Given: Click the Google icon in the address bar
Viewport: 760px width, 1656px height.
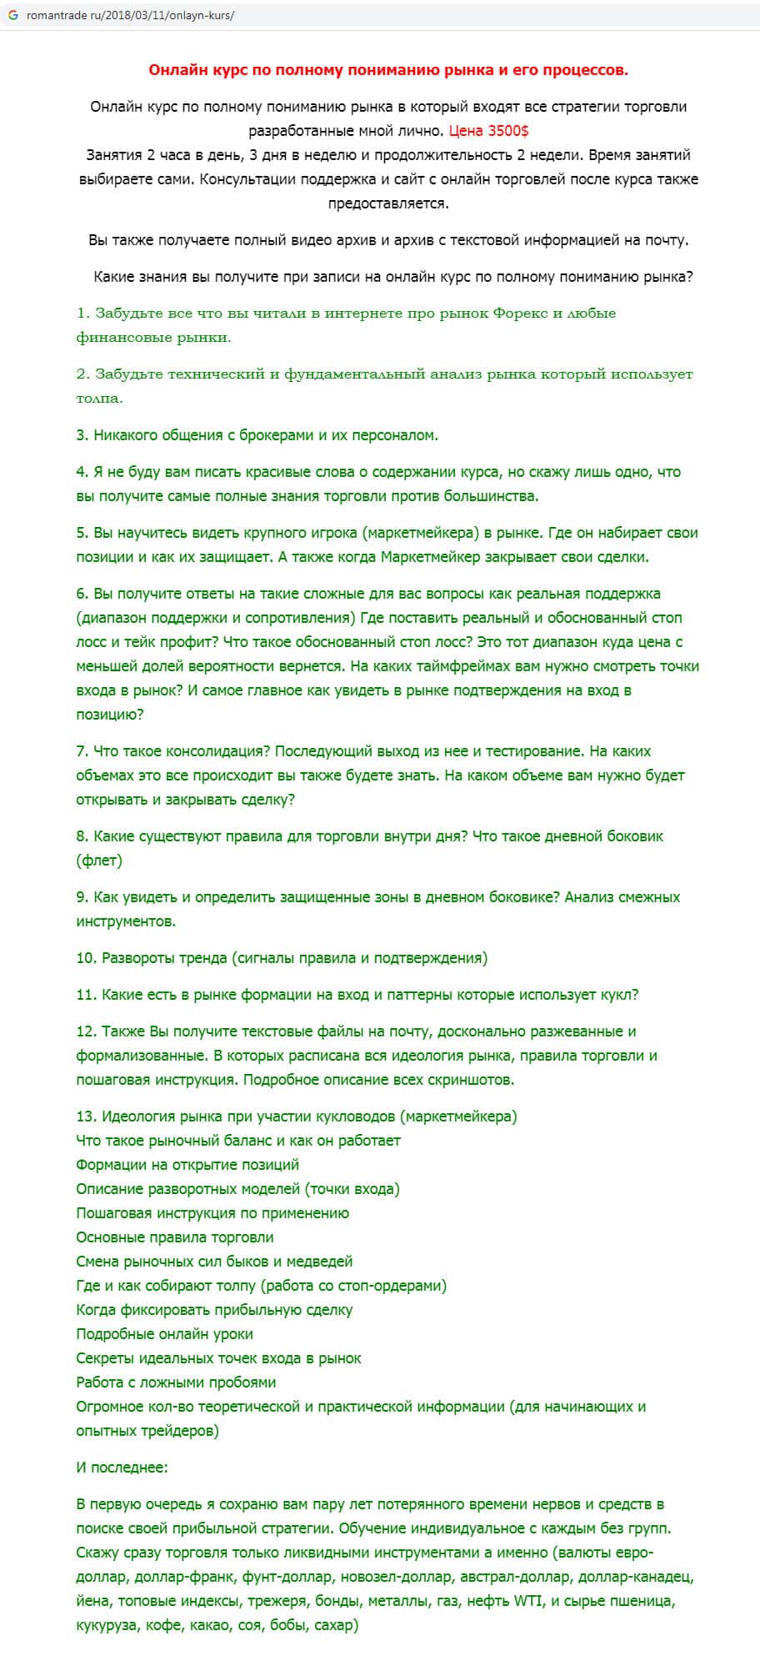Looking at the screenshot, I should coord(13,15).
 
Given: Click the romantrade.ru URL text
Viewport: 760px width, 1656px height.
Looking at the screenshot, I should coord(130,15).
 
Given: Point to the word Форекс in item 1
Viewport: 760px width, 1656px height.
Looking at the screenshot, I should coord(521,314).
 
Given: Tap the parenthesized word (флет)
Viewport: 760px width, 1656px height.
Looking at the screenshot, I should coord(99,861).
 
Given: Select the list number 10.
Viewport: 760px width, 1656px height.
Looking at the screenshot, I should coord(86,958).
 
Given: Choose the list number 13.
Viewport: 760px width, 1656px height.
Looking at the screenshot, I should coord(86,1117).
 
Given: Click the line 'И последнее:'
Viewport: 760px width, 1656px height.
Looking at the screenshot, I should coord(122,1468).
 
